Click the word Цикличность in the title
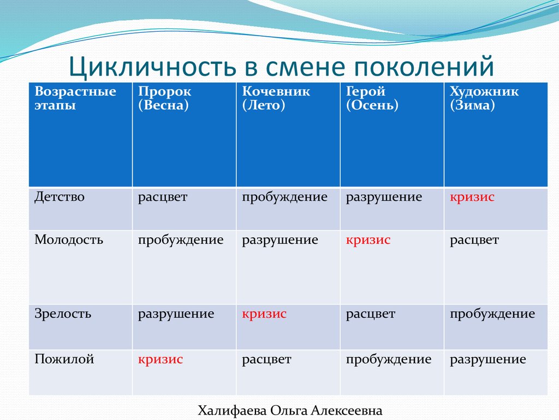click(x=152, y=67)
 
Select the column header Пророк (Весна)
click(x=165, y=98)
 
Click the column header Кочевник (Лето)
click(x=276, y=98)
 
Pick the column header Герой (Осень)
click(x=372, y=98)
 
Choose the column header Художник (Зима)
click(x=484, y=98)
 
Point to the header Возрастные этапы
click(x=75, y=98)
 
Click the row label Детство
click(x=60, y=197)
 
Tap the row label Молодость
click(x=69, y=240)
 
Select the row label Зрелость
click(x=63, y=313)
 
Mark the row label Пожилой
click(x=64, y=359)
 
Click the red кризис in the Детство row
click(x=472, y=197)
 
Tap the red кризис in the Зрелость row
click(x=264, y=314)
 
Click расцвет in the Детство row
click(x=163, y=197)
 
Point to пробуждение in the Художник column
click(x=492, y=314)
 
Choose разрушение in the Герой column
click(x=384, y=197)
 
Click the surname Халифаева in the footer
click(x=232, y=411)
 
